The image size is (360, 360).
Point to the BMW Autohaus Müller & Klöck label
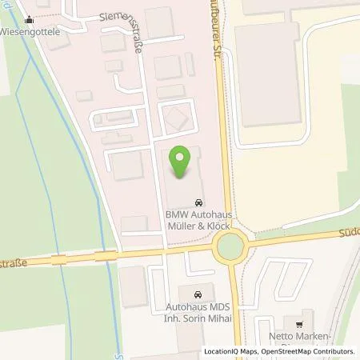tap(197, 221)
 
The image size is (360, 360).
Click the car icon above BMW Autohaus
tap(198, 202)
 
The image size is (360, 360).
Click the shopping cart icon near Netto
tap(299, 323)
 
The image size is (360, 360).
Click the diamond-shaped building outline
tap(174, 121)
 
